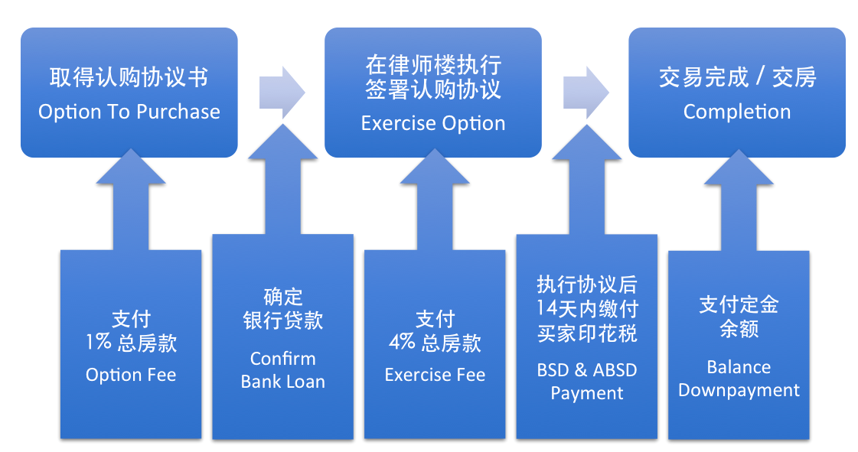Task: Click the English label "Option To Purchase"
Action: click(x=129, y=112)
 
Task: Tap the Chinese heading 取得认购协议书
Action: click(x=129, y=77)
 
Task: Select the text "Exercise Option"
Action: click(x=433, y=123)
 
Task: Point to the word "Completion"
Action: click(x=737, y=112)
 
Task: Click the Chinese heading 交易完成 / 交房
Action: click(x=737, y=77)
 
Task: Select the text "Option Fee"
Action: click(x=131, y=375)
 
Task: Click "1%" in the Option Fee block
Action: click(x=99, y=343)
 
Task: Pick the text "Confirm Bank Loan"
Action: click(x=282, y=370)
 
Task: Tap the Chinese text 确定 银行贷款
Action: click(x=282, y=308)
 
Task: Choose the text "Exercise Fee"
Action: click(x=435, y=375)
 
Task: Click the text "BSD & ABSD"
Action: click(x=587, y=370)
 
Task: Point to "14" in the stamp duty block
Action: click(x=547, y=309)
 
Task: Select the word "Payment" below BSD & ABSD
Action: click(x=587, y=393)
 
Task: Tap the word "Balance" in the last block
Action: click(x=739, y=367)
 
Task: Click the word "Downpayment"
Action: click(x=739, y=390)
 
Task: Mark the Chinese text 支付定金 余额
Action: click(x=739, y=317)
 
